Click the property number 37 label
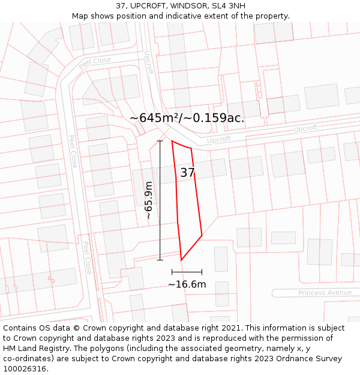pos(188,173)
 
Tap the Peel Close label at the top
pos(95,61)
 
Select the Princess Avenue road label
pos(325,293)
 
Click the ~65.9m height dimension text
pos(149,201)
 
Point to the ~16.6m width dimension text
pos(187,284)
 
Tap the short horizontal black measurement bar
pos(187,272)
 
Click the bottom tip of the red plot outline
pos(181,260)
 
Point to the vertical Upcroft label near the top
pos(149,62)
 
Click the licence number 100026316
pos(26,369)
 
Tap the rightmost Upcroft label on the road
pos(305,128)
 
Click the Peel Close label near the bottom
pos(87,258)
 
